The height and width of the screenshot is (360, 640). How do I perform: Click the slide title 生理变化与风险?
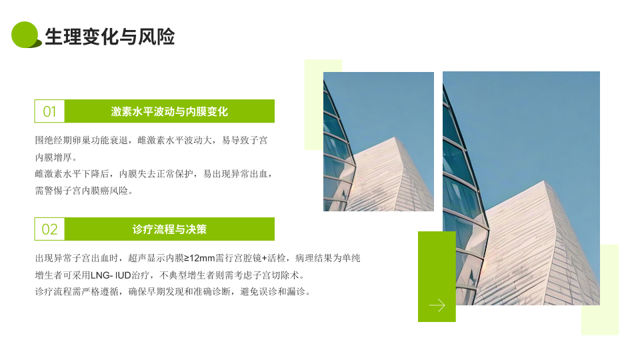click(110, 37)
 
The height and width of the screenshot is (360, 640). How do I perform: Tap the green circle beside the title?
click(25, 35)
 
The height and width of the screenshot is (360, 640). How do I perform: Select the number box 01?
click(49, 111)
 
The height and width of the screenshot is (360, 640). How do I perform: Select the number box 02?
click(49, 229)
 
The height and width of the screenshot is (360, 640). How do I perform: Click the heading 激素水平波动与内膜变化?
click(169, 111)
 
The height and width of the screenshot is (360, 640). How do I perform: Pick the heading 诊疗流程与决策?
click(169, 229)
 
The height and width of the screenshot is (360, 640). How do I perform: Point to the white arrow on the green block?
click(437, 305)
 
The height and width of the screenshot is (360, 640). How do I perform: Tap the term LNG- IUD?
click(111, 275)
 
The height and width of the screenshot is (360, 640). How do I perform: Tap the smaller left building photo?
click(379, 141)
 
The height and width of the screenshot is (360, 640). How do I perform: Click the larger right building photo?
click(521, 188)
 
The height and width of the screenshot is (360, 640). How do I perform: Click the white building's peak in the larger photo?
click(544, 181)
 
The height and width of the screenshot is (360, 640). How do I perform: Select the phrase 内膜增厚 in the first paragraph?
click(53, 157)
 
